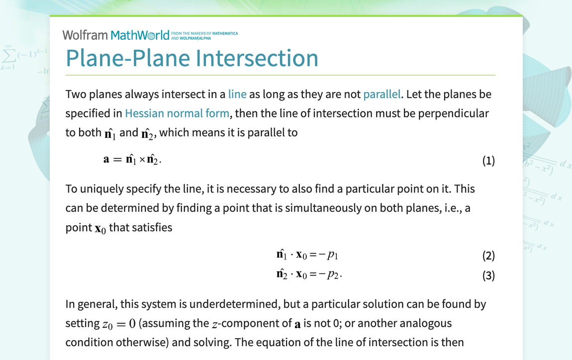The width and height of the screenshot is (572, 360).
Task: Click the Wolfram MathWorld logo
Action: click(116, 35)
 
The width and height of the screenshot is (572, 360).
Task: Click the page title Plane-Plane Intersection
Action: click(192, 58)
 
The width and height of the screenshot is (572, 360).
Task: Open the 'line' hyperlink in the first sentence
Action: click(237, 94)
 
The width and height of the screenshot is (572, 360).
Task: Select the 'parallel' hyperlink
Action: click(382, 94)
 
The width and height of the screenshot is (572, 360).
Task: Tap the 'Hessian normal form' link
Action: click(177, 113)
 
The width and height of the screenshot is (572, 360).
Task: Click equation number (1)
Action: click(488, 161)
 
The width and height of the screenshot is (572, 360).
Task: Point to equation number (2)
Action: click(488, 256)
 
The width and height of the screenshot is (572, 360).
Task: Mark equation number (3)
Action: click(488, 275)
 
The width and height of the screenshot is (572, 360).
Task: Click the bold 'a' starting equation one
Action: click(106, 160)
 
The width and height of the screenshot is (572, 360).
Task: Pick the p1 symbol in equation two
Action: click(333, 256)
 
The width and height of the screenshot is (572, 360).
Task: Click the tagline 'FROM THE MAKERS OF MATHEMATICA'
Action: click(204, 33)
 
